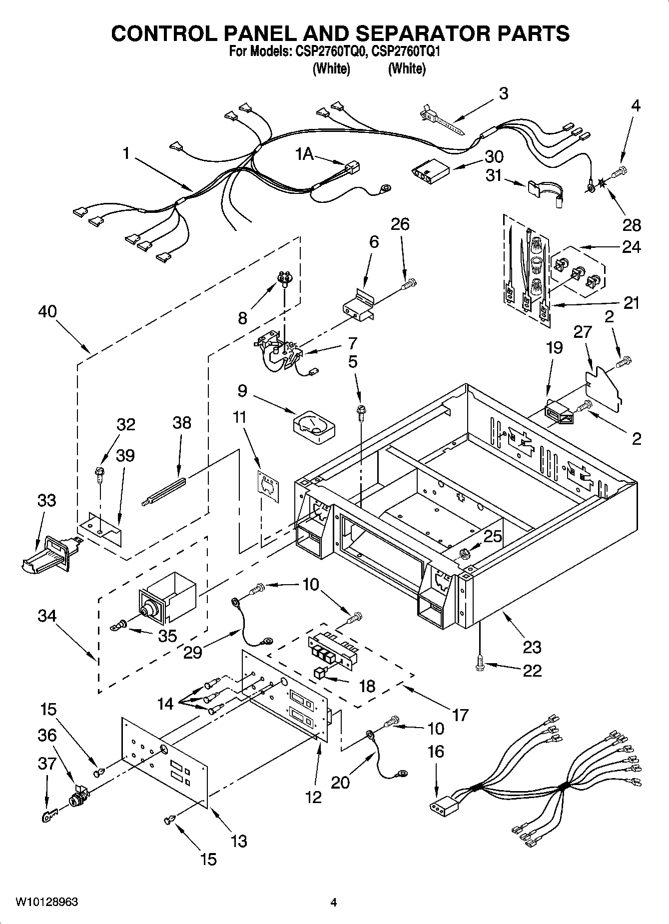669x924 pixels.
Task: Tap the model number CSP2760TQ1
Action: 406,51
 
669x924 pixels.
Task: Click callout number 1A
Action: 304,154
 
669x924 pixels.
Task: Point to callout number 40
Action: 47,312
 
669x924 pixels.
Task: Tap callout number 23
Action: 532,647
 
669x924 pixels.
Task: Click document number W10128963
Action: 46,902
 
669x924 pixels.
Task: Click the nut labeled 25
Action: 463,553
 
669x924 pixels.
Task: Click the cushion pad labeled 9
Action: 314,426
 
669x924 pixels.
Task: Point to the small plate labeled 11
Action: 268,483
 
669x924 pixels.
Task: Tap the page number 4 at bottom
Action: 334,903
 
